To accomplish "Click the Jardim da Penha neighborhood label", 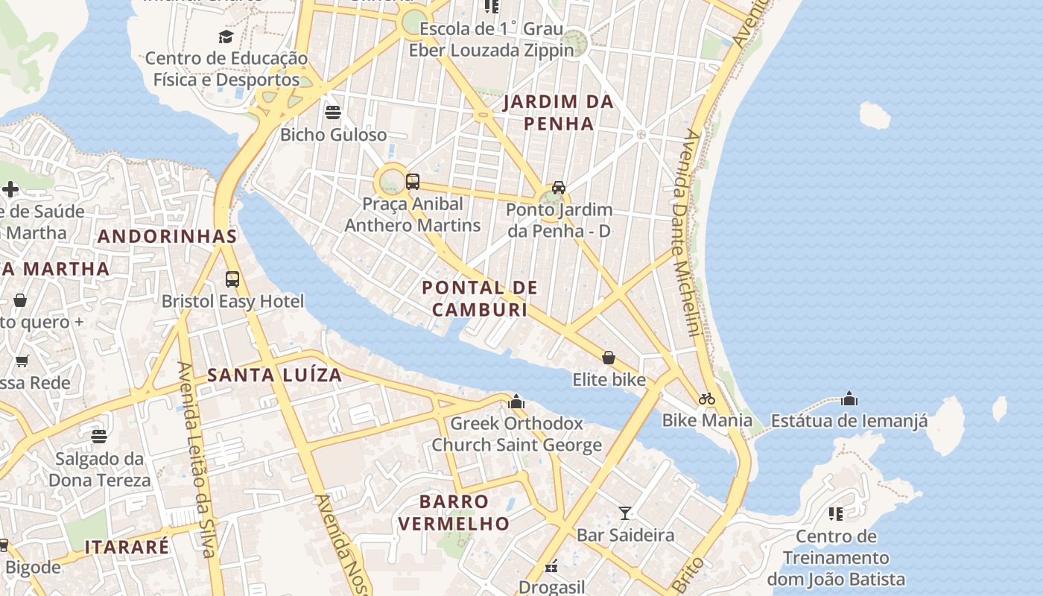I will pyautogui.click(x=558, y=112).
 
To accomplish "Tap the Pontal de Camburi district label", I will pyautogui.click(x=480, y=298).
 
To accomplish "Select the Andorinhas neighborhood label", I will pyautogui.click(x=168, y=237).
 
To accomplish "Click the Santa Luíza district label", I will pyautogui.click(x=275, y=375).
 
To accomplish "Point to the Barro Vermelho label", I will pyautogui.click(x=454, y=513).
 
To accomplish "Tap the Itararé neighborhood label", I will pyautogui.click(x=127, y=547).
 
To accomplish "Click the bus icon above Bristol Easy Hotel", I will pyautogui.click(x=232, y=279).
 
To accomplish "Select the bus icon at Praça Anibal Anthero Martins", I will pyautogui.click(x=413, y=181).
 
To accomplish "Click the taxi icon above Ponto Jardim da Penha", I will pyautogui.click(x=558, y=188).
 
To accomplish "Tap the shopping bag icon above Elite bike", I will pyautogui.click(x=609, y=358).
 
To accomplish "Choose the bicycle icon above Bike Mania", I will pyautogui.click(x=707, y=399).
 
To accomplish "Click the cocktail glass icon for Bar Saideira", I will pyautogui.click(x=625, y=513).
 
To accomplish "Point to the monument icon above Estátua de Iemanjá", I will pyautogui.click(x=849, y=399).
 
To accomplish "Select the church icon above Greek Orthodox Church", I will pyautogui.click(x=516, y=402).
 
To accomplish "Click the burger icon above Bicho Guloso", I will pyautogui.click(x=333, y=112).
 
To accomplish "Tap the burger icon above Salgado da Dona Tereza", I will pyautogui.click(x=99, y=437).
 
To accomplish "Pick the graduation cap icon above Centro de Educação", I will pyautogui.click(x=226, y=37).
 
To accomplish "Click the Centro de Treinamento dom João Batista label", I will pyautogui.click(x=836, y=557).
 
